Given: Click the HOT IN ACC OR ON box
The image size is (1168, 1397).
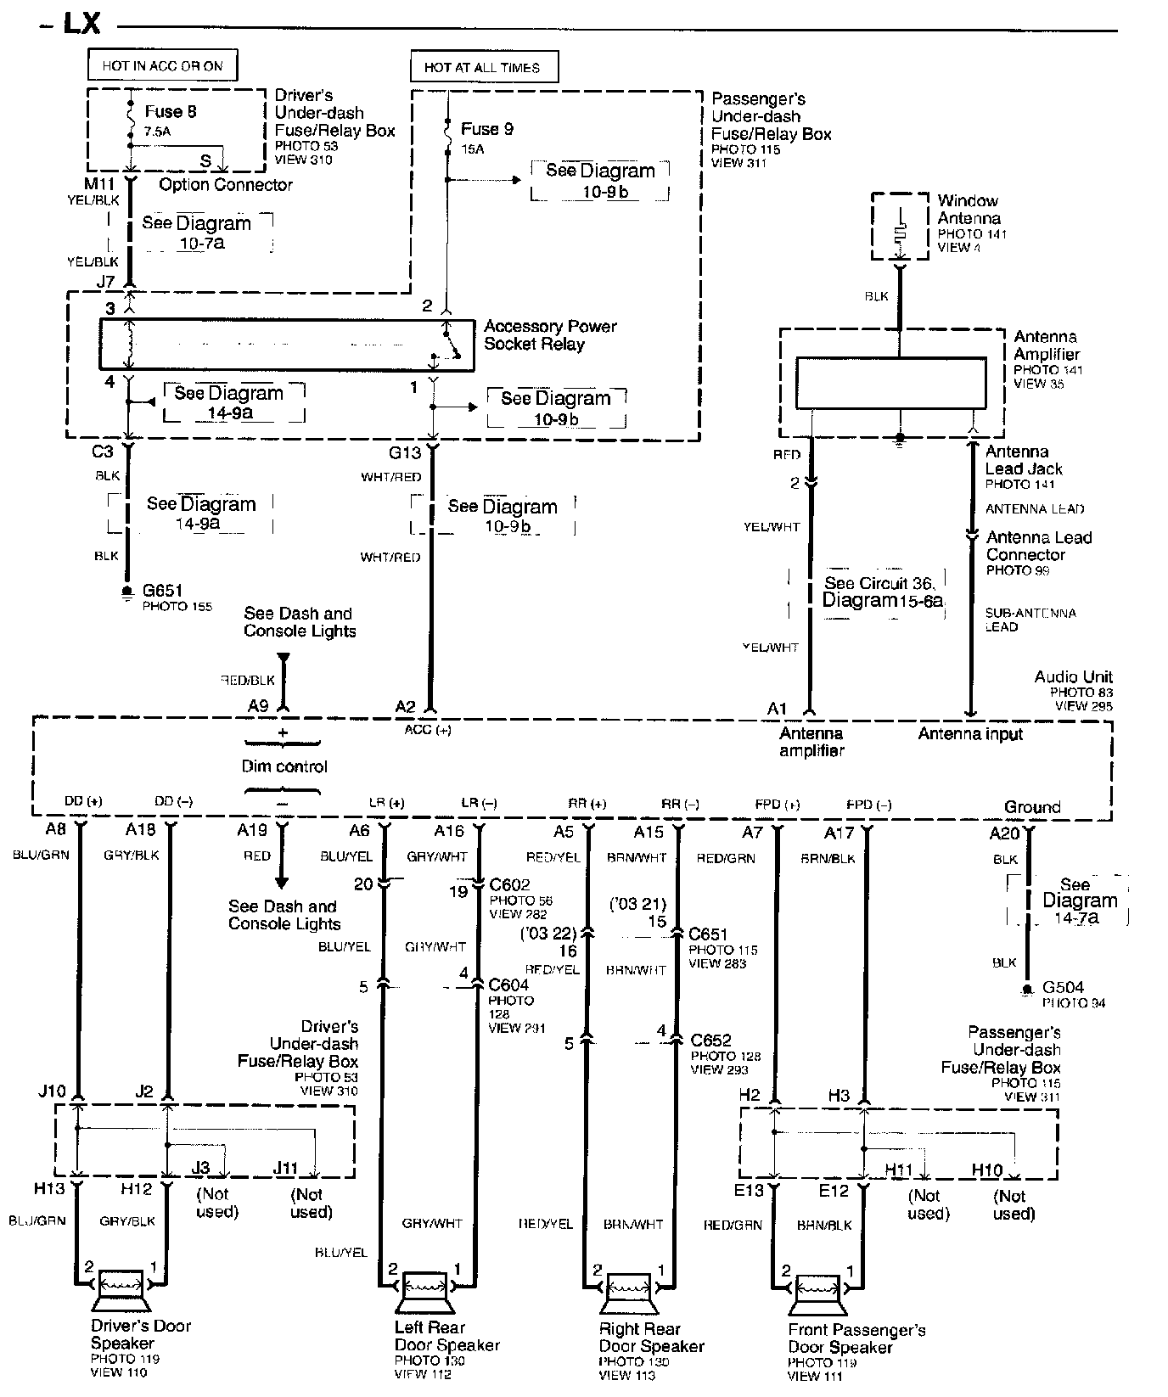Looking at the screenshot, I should (x=161, y=65).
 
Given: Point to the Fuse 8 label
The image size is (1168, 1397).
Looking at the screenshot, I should (x=171, y=111).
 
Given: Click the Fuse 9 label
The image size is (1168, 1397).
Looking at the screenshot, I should (x=486, y=129).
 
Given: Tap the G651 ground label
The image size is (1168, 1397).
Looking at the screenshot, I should (x=162, y=590).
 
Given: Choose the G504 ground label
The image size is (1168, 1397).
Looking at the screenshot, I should (x=1064, y=988).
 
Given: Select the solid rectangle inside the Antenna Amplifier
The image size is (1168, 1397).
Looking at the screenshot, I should (x=890, y=383).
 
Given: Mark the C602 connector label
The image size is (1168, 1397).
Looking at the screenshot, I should (x=509, y=886).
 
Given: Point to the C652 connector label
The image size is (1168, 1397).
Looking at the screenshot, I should (x=710, y=1041).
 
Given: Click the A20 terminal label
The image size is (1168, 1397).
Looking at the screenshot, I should (x=1004, y=834).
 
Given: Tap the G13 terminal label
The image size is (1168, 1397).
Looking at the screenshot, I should (x=405, y=452).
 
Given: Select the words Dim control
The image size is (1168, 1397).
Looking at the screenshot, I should (x=284, y=766).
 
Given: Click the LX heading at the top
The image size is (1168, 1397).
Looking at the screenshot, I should (x=81, y=25).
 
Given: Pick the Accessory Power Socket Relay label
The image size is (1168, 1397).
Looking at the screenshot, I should (x=550, y=335).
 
